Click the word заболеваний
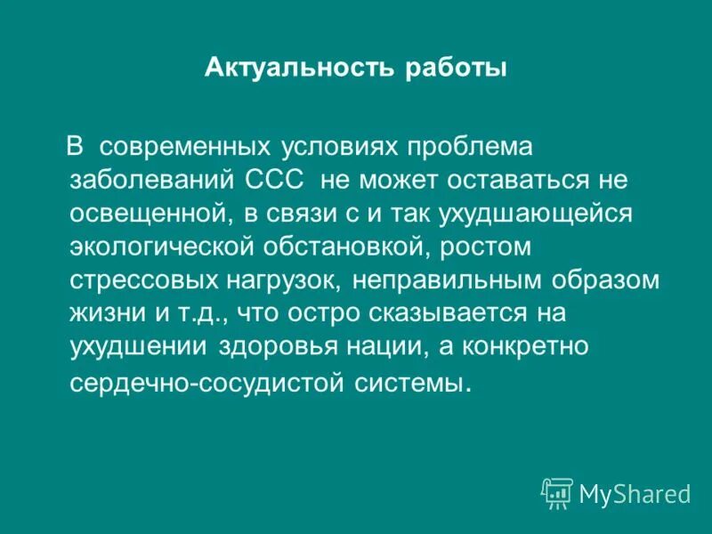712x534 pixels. pyautogui.click(x=152, y=179)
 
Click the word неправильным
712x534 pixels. pyautogui.click(x=451, y=280)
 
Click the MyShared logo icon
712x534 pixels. pyautogui.click(x=557, y=491)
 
